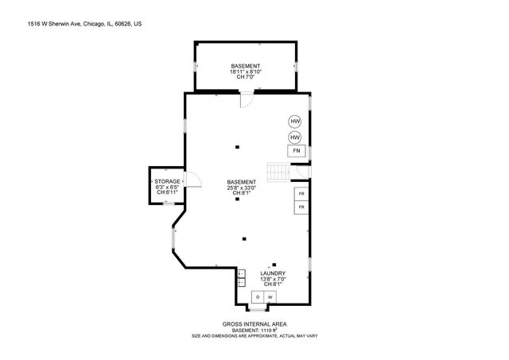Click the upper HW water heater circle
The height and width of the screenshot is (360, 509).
tap(295, 122)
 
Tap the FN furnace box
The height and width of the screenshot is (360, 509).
tap(296, 151)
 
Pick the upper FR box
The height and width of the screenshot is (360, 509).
tap(301, 194)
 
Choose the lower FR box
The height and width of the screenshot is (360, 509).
tap(301, 207)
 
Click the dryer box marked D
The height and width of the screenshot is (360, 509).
tap(257, 297)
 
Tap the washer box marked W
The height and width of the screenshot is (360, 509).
tap(270, 297)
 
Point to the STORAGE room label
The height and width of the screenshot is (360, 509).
tap(167, 181)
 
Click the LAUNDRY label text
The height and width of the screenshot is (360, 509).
tap(273, 273)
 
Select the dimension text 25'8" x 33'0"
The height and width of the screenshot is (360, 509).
tap(241, 188)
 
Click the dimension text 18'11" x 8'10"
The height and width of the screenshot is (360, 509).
tap(246, 72)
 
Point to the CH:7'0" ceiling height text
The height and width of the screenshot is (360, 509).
tap(246, 78)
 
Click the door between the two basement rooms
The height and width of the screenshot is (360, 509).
tap(247, 99)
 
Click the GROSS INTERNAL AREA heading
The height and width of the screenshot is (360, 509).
tap(254, 323)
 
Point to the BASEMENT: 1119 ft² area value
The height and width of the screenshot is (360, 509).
tap(254, 330)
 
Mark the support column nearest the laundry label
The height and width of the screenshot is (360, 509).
tap(274, 264)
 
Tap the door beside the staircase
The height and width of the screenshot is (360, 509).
tap(300, 169)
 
